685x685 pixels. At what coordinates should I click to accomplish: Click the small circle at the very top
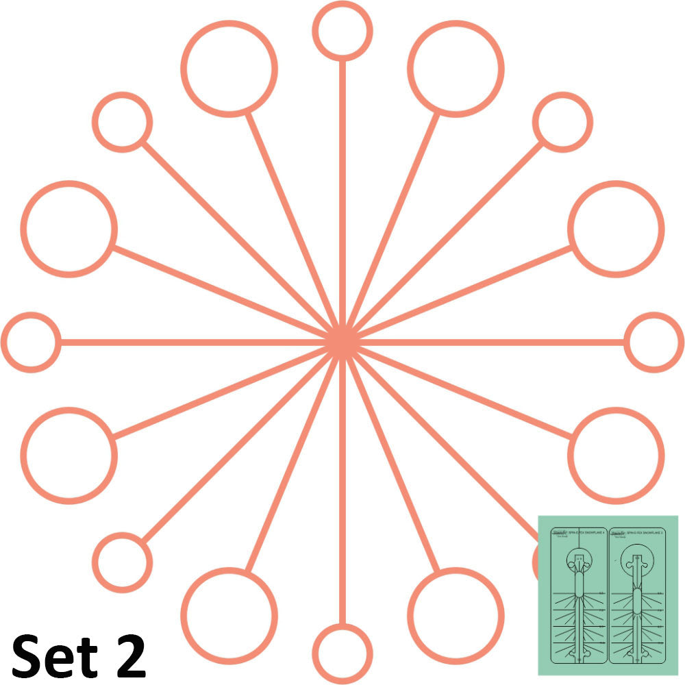(342, 31)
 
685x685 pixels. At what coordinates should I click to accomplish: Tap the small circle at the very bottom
(342, 653)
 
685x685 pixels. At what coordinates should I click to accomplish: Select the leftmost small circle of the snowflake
(31, 342)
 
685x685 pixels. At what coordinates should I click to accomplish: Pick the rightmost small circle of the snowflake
(654, 342)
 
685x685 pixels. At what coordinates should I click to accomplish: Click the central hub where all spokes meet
(341, 342)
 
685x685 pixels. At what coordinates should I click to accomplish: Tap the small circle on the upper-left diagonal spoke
(122, 122)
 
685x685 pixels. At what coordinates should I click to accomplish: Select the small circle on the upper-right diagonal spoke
(562, 122)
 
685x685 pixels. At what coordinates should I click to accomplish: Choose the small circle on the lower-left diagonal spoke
(122, 562)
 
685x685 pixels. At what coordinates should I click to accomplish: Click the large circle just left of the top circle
(229, 68)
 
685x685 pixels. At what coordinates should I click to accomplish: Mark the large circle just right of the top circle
(456, 68)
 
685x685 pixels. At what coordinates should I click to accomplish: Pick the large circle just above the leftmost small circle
(68, 229)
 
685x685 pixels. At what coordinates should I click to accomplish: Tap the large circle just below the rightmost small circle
(616, 456)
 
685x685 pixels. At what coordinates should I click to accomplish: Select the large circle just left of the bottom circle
(229, 616)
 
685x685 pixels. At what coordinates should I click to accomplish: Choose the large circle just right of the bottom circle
(456, 616)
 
